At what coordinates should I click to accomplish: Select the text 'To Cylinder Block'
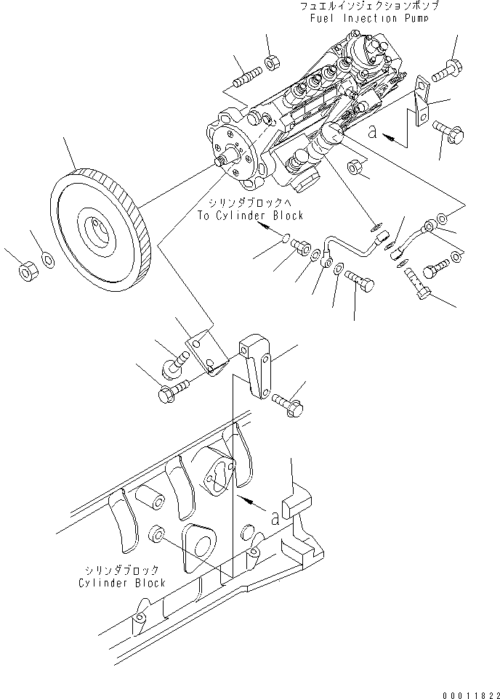coord(250,216)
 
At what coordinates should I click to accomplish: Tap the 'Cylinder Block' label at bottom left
coord(122,583)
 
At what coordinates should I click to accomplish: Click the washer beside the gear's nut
coord(47,259)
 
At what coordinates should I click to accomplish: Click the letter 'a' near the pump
coord(373,131)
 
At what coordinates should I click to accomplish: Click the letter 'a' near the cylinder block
coord(275,518)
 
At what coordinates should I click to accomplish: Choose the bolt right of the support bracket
coord(289,403)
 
